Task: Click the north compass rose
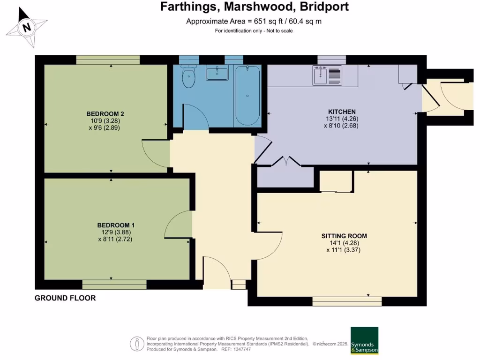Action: [x=27, y=27]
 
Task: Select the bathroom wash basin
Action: [x=217, y=73]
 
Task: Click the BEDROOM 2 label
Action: [x=105, y=114]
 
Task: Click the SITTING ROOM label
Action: [x=344, y=236]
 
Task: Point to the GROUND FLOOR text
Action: [x=65, y=298]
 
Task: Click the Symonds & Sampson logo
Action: [x=364, y=341]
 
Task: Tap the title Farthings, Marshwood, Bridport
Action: [x=255, y=7]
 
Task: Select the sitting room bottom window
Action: [x=347, y=301]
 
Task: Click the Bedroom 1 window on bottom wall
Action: [x=114, y=285]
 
